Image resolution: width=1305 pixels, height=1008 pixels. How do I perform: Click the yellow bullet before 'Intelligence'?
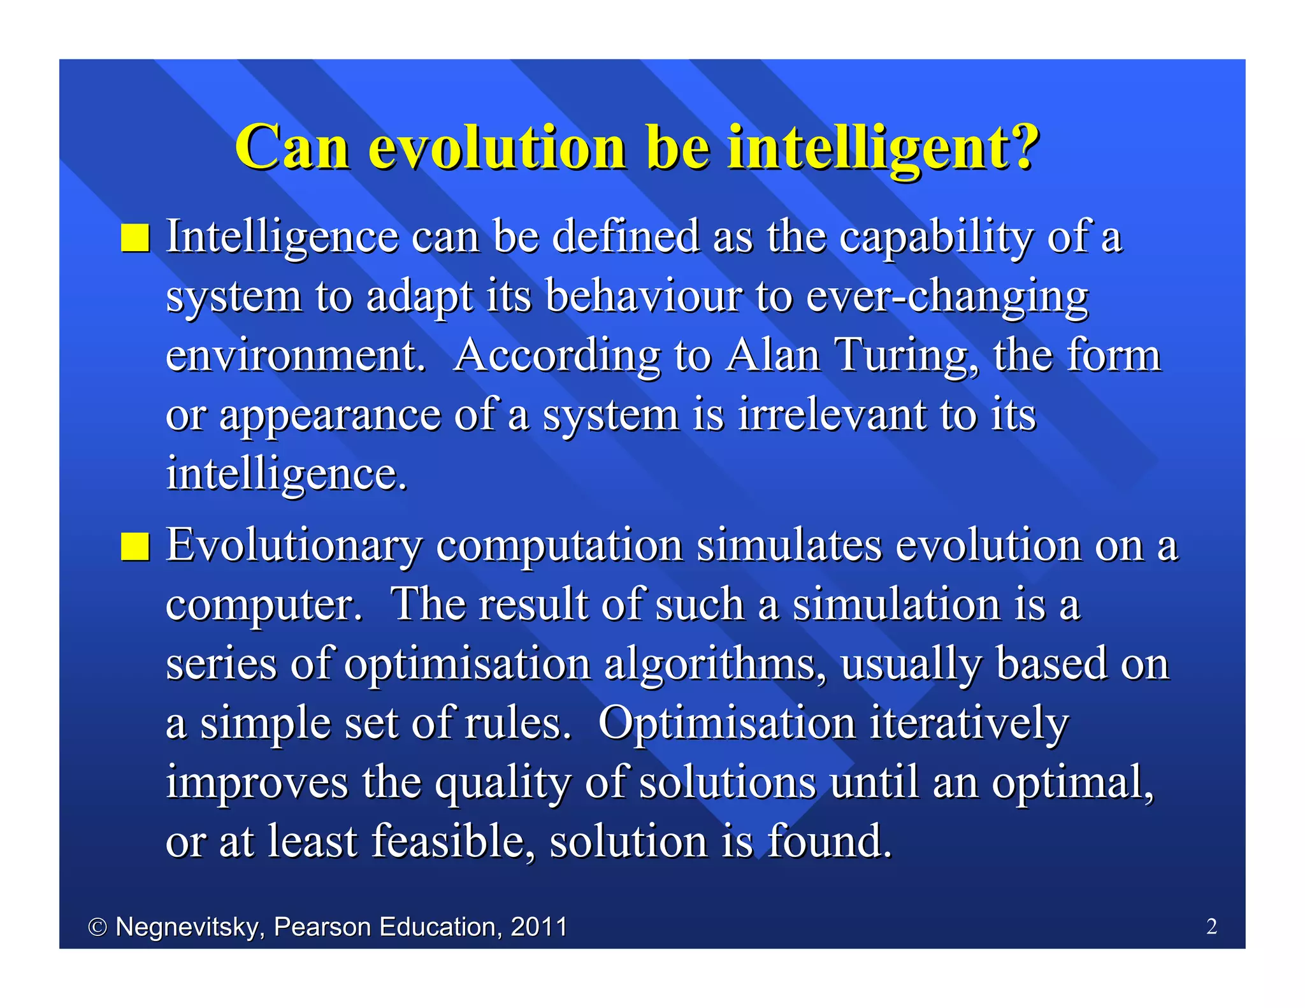[x=135, y=238]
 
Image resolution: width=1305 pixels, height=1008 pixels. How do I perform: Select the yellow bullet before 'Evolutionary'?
[x=135, y=547]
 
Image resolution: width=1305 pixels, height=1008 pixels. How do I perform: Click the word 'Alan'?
[x=773, y=355]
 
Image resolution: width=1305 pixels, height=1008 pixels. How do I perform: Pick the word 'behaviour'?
[x=644, y=296]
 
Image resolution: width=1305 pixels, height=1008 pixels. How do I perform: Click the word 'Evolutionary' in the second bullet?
[x=294, y=547]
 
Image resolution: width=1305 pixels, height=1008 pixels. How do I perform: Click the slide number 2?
[x=1211, y=926]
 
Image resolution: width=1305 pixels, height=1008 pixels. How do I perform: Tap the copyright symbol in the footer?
[x=97, y=927]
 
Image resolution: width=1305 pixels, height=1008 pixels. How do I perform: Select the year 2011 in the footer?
[x=538, y=926]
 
